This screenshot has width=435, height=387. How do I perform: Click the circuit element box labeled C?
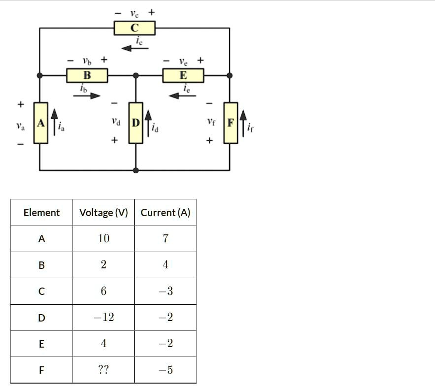click(134, 28)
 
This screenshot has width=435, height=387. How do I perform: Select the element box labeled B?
click(87, 75)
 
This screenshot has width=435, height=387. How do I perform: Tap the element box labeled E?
click(183, 75)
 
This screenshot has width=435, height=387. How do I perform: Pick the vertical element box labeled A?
click(41, 123)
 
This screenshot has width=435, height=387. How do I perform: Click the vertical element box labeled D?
click(135, 123)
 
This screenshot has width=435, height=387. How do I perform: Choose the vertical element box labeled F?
click(231, 123)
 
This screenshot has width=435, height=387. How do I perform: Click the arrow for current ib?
click(87, 96)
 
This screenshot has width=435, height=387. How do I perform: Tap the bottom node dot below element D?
click(135, 170)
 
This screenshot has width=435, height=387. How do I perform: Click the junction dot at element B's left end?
click(40, 75)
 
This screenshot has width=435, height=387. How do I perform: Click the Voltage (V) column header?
click(103, 213)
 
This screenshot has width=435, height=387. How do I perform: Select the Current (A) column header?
click(165, 213)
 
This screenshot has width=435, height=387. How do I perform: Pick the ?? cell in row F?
click(103, 370)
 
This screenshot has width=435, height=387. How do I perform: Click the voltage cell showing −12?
click(103, 317)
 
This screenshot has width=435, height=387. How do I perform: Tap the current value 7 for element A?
click(165, 239)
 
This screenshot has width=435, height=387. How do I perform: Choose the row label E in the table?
click(41, 344)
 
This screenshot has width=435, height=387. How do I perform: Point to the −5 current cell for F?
click(165, 370)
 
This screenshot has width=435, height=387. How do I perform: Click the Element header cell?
click(41, 213)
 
